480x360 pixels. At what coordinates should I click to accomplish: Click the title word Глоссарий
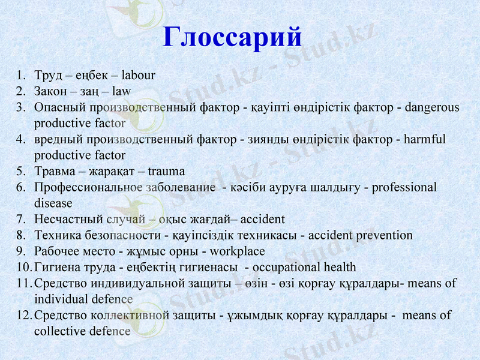click(232, 37)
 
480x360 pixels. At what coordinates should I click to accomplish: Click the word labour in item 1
click(138, 76)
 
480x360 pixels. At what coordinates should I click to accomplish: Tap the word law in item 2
click(121, 92)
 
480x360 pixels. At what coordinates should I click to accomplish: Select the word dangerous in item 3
click(432, 108)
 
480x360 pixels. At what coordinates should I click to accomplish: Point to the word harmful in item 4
click(424, 139)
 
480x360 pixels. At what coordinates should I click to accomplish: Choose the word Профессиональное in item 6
click(89, 187)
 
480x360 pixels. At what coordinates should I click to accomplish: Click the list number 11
click(23, 283)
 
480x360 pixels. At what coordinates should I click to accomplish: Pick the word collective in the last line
click(58, 331)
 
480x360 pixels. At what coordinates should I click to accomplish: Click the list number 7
click(21, 219)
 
